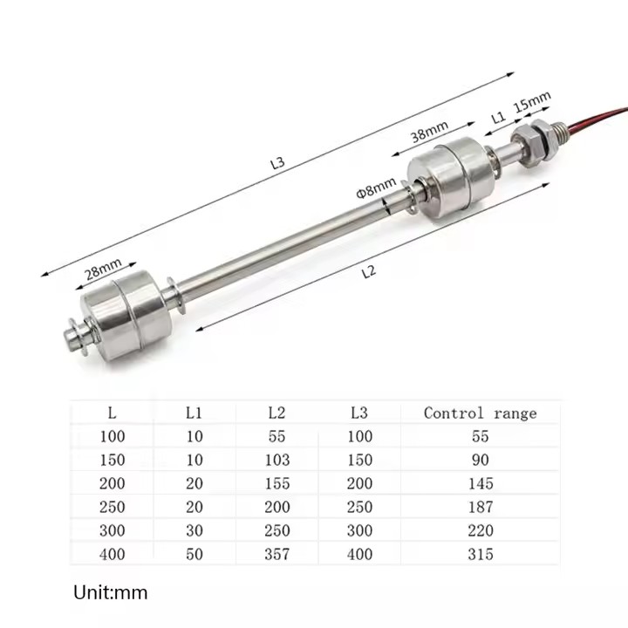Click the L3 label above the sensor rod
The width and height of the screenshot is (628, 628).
tap(277, 161)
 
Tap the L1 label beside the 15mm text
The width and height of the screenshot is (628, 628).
tap(498, 116)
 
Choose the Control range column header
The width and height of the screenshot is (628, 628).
tap(480, 413)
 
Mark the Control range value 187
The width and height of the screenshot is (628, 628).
tap(480, 507)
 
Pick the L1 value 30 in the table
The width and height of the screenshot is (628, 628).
tap(194, 530)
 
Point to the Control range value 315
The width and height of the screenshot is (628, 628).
tap(480, 554)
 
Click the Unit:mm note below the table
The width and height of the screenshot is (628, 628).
tap(110, 593)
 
